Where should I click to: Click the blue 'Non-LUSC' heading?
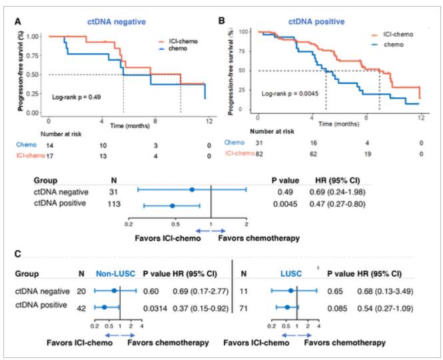[x=115, y=273]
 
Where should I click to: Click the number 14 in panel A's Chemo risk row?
[x=49, y=144]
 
